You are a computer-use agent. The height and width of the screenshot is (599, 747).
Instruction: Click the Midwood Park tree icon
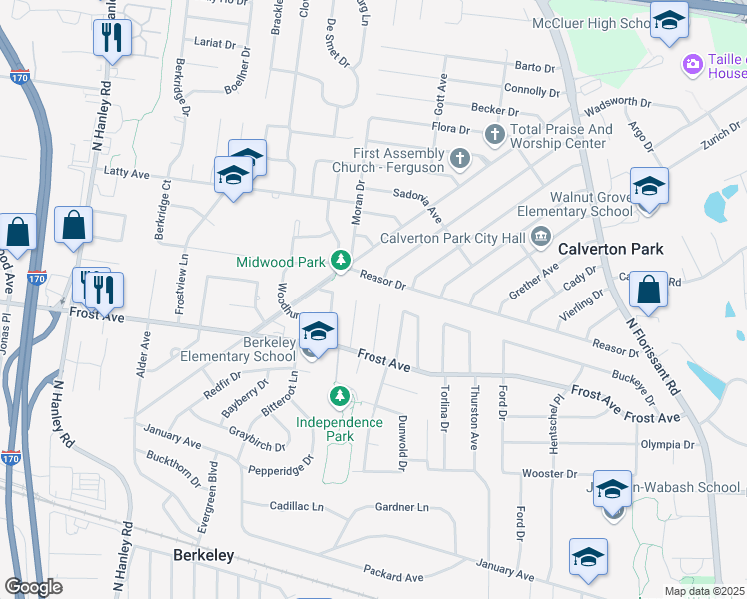tap(341, 261)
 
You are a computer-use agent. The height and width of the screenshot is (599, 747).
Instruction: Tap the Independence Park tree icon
tap(341, 398)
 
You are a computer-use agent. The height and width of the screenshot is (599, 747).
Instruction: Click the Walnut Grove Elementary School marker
tap(649, 187)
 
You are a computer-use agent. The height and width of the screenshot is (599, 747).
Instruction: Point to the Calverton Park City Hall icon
tap(541, 237)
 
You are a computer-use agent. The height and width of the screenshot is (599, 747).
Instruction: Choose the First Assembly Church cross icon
tap(459, 157)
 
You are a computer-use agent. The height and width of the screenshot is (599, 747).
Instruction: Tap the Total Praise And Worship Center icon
tap(494, 134)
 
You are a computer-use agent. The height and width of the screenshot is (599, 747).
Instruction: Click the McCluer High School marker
tap(669, 20)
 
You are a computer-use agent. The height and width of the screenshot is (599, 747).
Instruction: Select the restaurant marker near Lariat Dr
tap(111, 39)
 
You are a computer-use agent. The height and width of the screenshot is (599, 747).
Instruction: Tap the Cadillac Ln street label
tap(297, 507)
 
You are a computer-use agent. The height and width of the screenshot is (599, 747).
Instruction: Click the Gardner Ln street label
tap(401, 507)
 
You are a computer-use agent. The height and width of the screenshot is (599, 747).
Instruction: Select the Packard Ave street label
tap(394, 576)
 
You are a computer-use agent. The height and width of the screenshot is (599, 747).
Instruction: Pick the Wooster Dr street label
tap(545, 473)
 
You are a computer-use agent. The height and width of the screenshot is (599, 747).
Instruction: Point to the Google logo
tap(34, 587)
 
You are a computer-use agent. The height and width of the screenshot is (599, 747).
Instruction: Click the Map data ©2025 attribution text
tap(705, 591)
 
